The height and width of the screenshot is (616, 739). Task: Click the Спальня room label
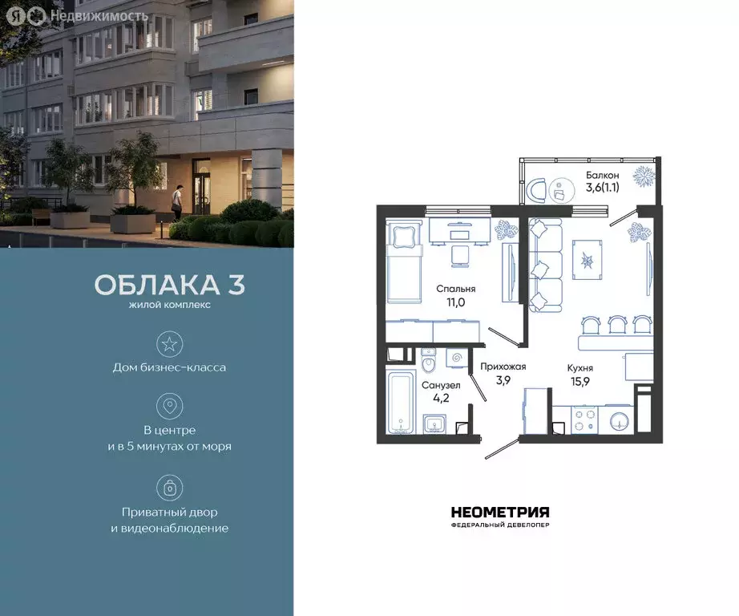tap(456, 289)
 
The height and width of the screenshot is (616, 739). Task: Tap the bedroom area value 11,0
tap(456, 303)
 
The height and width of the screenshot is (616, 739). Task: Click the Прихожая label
tap(503, 367)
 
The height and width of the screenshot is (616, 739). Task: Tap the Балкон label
tap(603, 175)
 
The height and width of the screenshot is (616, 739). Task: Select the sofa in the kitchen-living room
tap(546, 265)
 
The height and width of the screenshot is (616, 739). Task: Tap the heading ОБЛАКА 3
tap(169, 286)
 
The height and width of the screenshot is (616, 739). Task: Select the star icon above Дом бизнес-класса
tap(169, 345)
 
